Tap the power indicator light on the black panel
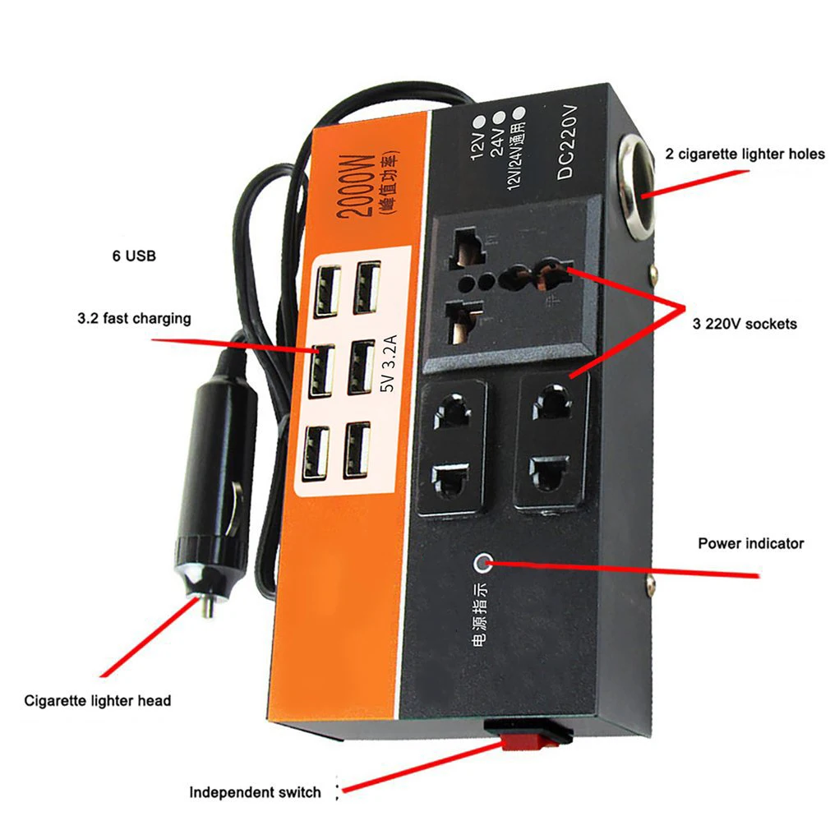coord(484,564)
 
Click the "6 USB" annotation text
coord(133,256)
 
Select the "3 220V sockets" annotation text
coord(745,324)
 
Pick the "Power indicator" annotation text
coord(750,543)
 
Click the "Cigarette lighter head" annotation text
coord(98,701)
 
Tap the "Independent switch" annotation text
coord(255,792)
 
